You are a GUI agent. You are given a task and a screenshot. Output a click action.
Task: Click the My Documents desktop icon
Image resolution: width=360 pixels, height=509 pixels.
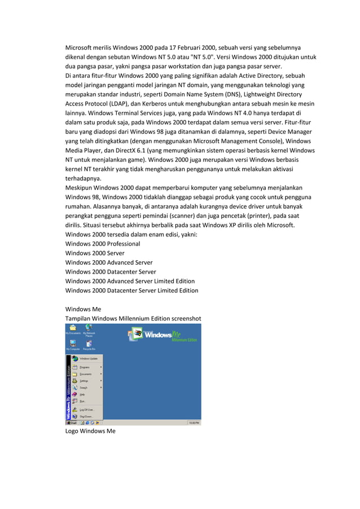73,329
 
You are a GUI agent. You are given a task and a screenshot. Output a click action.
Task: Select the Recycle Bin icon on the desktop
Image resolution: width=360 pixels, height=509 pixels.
89,344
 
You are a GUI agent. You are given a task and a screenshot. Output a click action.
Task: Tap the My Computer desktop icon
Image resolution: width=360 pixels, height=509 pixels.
73,344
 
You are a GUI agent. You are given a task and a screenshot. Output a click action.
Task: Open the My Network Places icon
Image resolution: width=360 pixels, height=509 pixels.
89,329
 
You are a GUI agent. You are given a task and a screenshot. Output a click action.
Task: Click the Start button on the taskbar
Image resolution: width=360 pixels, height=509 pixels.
72,422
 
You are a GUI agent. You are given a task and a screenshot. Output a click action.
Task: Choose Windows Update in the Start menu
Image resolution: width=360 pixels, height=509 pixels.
87,358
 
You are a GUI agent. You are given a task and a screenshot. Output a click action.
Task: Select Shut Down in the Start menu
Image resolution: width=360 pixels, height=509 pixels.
86,416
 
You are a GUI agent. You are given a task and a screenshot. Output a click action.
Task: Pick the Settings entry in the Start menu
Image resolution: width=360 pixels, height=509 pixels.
85,381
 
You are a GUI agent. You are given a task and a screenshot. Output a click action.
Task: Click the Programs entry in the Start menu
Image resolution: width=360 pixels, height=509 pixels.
85,367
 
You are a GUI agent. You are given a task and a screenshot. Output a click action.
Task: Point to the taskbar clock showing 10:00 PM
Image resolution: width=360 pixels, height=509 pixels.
194,422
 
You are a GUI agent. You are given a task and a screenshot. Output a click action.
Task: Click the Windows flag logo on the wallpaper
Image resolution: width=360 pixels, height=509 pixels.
134,335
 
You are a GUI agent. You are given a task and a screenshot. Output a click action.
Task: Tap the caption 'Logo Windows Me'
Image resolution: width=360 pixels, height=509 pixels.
90,431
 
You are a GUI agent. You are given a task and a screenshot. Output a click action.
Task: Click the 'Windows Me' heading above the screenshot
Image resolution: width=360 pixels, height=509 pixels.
83,309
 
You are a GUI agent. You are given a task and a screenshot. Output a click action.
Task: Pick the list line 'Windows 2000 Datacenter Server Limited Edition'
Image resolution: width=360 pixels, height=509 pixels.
131,291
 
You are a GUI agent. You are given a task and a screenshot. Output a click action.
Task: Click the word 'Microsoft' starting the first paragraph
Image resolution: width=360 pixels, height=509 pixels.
81,47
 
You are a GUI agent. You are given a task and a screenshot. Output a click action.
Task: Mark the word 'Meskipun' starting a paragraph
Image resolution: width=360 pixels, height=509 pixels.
80,188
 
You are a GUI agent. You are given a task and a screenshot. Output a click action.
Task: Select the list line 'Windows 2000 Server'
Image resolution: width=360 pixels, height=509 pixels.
95,253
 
